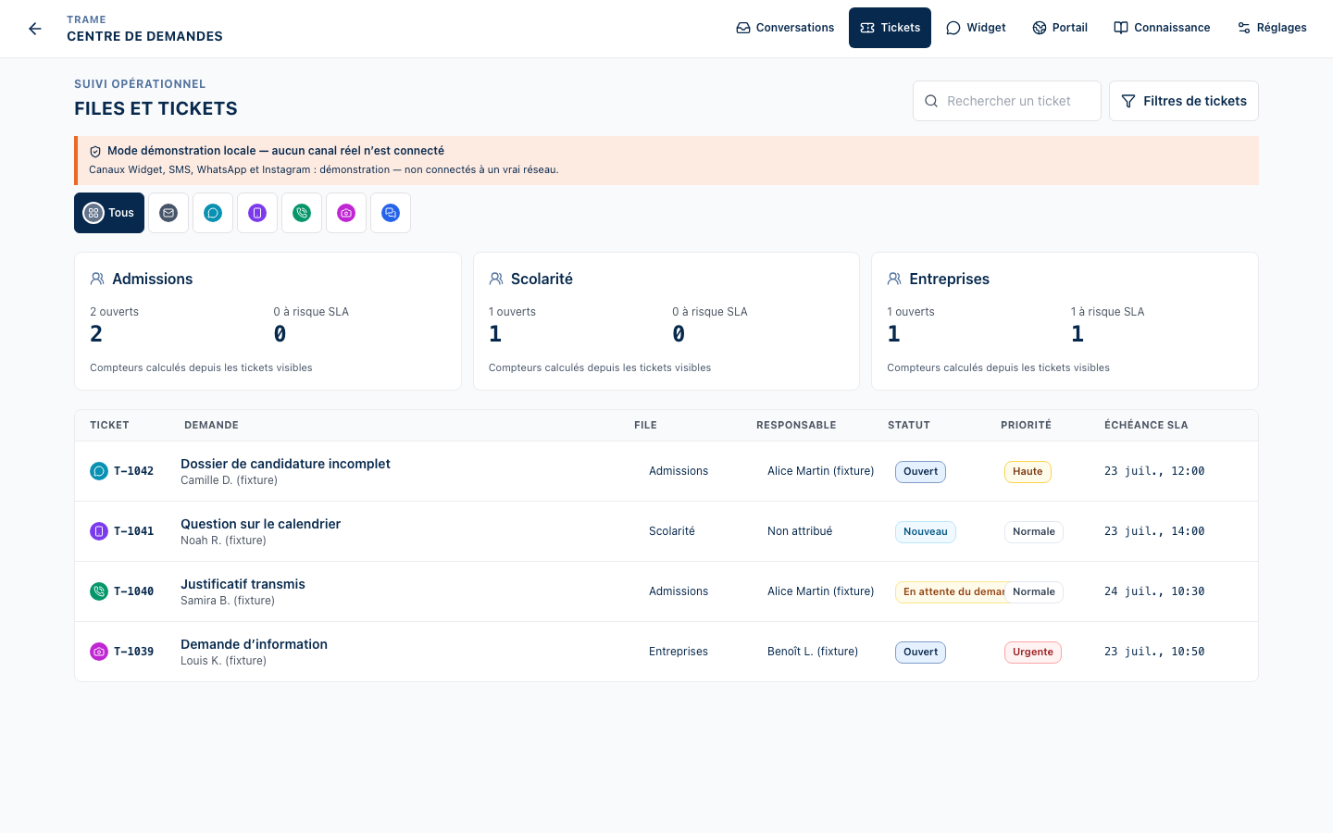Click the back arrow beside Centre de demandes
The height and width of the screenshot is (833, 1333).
[x=35, y=29]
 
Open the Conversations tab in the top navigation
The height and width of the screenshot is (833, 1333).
[x=785, y=28]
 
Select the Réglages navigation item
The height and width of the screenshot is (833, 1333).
[x=1272, y=28]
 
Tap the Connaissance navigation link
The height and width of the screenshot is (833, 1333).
[x=1162, y=28]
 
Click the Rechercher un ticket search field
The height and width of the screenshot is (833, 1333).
[x=1007, y=101]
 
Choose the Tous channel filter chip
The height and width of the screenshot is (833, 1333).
[x=109, y=213]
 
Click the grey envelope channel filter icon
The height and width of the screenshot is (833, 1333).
[x=168, y=213]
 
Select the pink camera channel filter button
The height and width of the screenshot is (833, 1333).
[x=346, y=213]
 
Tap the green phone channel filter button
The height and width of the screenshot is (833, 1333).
[x=302, y=213]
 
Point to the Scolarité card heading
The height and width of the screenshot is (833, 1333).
[x=542, y=280]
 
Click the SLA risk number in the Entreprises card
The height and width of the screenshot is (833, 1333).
[x=1078, y=334]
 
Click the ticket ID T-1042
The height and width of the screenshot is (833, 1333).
[x=134, y=471]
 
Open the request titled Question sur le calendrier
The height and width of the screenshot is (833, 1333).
[x=261, y=524]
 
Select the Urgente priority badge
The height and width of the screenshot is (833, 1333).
[x=1032, y=653]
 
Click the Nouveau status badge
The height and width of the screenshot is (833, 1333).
[x=926, y=532]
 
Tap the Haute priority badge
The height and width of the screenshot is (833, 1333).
[x=1028, y=472]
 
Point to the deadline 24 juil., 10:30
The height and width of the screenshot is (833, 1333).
[x=1154, y=591]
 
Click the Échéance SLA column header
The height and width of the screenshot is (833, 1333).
[x=1146, y=426]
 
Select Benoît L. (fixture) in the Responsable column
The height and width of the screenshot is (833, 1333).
[x=813, y=652]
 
